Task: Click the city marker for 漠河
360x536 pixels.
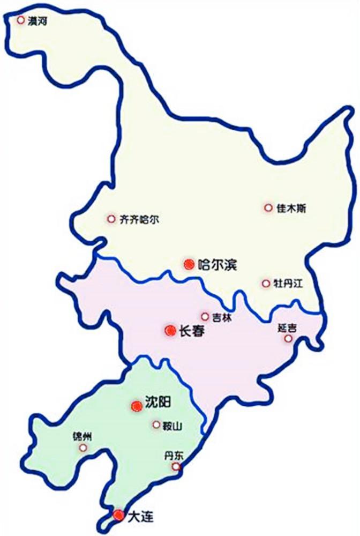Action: (21, 20)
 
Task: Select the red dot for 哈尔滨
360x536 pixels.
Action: (188, 263)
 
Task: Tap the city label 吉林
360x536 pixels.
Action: (221, 317)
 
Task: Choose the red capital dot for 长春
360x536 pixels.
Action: (170, 331)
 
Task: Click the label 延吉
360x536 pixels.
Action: (288, 327)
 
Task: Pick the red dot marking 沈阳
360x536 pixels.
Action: (136, 406)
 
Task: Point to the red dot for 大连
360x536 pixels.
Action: (118, 516)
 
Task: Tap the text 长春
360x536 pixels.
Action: (192, 331)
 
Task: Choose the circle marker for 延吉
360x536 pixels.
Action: (289, 338)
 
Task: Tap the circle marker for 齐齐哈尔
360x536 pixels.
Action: (111, 219)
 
